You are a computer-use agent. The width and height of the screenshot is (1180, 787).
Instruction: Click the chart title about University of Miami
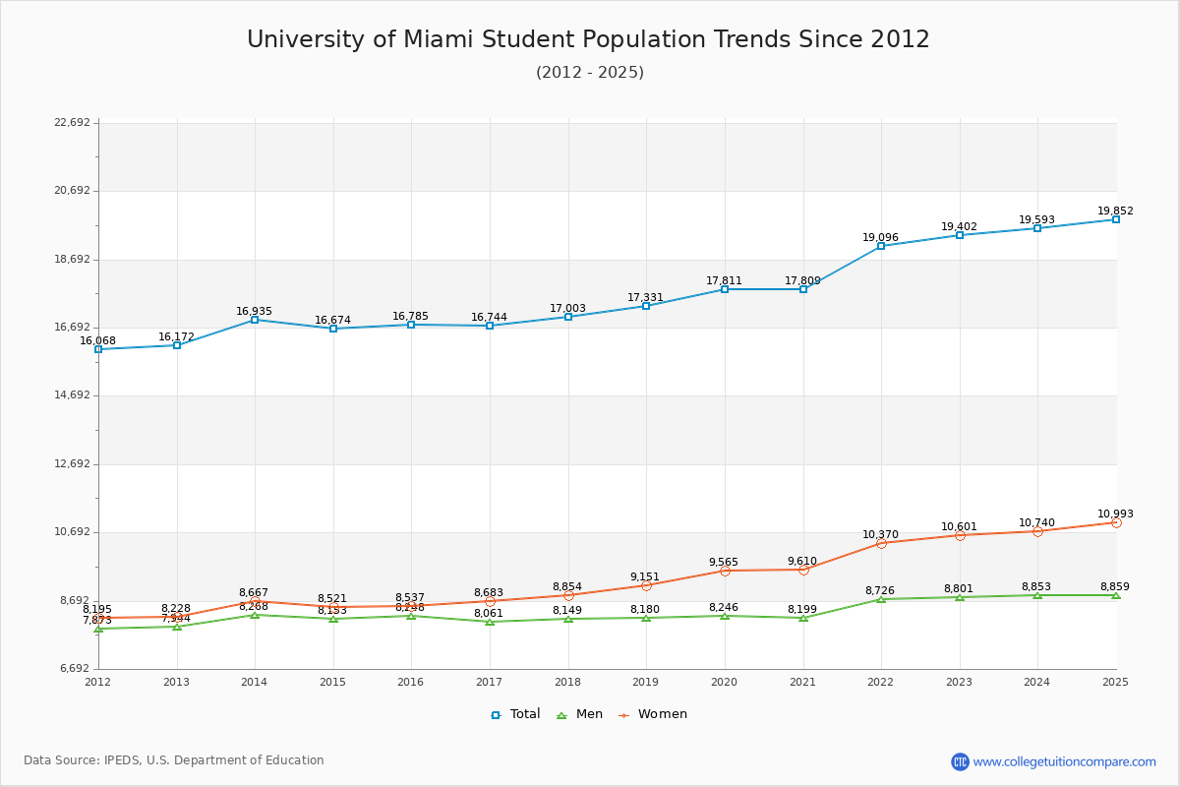[588, 39]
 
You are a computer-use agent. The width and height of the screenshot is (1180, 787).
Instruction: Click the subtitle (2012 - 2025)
[590, 73]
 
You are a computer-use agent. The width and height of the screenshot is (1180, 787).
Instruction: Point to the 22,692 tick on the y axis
[72, 123]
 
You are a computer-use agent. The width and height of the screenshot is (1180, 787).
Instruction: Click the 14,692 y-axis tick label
[72, 395]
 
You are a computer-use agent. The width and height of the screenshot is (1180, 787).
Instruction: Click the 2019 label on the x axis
[646, 682]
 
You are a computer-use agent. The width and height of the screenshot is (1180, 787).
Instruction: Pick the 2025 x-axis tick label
[1115, 682]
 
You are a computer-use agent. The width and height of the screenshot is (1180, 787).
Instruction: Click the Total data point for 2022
[881, 246]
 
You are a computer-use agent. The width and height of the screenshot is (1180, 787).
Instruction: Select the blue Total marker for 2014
[255, 320]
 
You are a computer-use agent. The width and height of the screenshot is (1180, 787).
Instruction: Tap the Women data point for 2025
[1116, 522]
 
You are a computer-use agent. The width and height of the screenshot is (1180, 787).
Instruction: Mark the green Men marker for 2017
[490, 622]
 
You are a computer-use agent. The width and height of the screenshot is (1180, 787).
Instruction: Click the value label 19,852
[1115, 212]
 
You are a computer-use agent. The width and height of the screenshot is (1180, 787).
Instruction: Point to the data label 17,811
[724, 281]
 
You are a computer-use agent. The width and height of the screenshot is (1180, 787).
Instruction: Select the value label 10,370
[880, 535]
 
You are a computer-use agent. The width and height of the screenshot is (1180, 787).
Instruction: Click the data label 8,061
[489, 614]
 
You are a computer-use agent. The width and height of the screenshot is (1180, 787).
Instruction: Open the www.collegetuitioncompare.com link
[1064, 761]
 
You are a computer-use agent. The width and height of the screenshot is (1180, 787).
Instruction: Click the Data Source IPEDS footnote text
[174, 760]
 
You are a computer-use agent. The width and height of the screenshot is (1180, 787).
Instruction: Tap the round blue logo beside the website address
[960, 761]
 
